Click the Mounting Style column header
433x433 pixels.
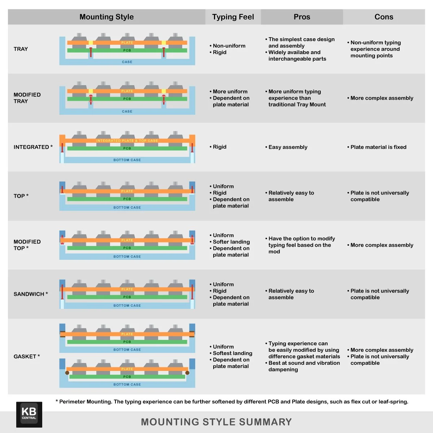106,17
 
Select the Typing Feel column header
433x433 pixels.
233,17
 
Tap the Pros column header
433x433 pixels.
302,17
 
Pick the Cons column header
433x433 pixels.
384,17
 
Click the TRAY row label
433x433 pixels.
21,49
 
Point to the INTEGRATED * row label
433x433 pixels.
33,147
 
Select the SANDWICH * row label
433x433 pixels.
31,294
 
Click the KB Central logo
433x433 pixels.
29,414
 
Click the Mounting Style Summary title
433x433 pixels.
216,422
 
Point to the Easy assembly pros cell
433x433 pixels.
288,147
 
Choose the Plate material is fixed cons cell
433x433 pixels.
378,147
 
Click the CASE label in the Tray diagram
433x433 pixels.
127,62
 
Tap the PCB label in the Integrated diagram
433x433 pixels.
127,148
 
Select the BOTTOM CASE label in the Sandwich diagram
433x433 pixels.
127,306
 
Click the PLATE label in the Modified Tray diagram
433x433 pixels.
127,91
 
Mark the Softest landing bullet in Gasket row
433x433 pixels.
232,353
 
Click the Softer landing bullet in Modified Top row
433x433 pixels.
231,242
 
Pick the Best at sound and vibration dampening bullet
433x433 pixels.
304,366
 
